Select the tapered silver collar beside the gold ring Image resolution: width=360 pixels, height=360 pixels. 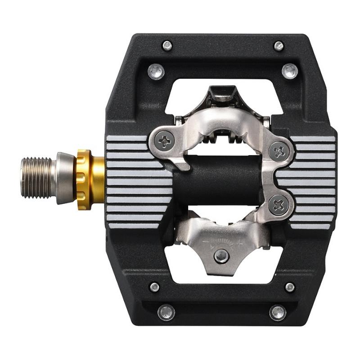tap(64, 178)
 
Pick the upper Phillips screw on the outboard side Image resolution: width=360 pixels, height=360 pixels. tap(279, 150)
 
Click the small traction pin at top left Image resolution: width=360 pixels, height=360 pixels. tap(167, 45)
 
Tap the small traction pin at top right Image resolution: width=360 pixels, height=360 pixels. tap(279, 46)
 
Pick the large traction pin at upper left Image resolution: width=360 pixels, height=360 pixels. tap(156, 70)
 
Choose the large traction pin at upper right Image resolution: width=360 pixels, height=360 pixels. tap(289, 71)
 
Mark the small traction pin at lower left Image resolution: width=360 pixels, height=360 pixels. tap(154, 287)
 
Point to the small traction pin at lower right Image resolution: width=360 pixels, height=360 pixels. tap(290, 287)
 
